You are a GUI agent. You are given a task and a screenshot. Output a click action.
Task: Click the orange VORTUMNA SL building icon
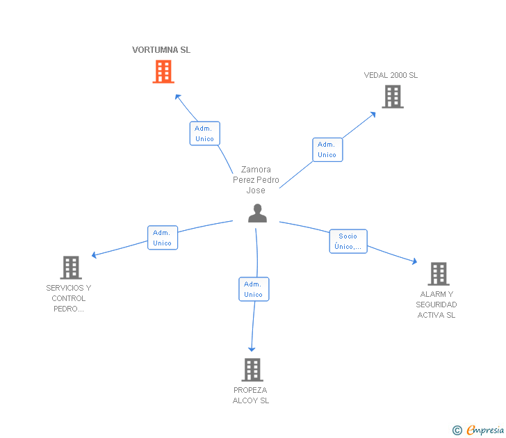[x=163, y=72]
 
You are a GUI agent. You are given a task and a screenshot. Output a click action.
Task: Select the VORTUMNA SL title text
[x=161, y=50]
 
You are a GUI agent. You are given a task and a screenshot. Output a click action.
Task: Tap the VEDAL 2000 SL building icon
[x=393, y=97]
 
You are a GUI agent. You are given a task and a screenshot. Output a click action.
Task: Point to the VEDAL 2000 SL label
[x=391, y=75]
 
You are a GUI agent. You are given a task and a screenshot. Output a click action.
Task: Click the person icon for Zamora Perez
[x=257, y=213]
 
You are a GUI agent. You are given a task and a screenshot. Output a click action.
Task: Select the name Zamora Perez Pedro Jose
[x=256, y=180]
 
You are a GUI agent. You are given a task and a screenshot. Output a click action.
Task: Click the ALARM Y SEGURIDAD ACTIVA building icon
[x=439, y=274]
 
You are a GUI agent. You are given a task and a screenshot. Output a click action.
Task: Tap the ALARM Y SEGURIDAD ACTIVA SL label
[x=436, y=305]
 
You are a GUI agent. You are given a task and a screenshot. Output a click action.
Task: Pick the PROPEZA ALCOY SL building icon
[x=252, y=370]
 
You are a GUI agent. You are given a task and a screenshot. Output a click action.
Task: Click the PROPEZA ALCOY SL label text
[x=250, y=395]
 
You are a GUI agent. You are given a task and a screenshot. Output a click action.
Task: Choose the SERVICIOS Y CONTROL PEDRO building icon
[x=71, y=268]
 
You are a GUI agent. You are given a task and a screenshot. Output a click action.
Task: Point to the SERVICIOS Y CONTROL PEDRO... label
[x=69, y=298]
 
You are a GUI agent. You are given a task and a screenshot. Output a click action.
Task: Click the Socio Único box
[x=348, y=241]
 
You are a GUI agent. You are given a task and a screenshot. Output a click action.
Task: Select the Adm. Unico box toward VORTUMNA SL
[x=204, y=133]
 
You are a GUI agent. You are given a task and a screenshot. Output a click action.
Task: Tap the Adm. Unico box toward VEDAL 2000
[x=327, y=149]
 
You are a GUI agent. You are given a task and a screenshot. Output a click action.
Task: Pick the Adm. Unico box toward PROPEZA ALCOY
[x=253, y=289]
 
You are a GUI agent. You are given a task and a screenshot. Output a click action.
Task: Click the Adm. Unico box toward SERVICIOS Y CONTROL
[x=162, y=238]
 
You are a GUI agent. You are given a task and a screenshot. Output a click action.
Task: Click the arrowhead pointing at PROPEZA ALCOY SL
[x=252, y=348]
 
